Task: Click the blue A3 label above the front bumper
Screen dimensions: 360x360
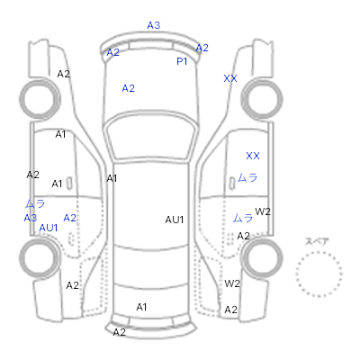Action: (x=154, y=25)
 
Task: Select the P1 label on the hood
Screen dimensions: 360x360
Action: (x=182, y=61)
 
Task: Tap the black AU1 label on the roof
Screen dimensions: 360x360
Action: (x=175, y=220)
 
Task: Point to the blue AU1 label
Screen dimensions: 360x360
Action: (x=49, y=228)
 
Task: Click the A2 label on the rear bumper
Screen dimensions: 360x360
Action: (x=119, y=332)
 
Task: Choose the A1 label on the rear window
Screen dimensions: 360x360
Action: (x=141, y=307)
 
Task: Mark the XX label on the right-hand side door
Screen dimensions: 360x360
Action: (x=253, y=156)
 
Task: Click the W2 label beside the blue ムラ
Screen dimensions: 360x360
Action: (x=263, y=211)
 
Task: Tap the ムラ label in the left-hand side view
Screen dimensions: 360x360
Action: (x=35, y=204)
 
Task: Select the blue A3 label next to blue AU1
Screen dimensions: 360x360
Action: (x=31, y=218)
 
